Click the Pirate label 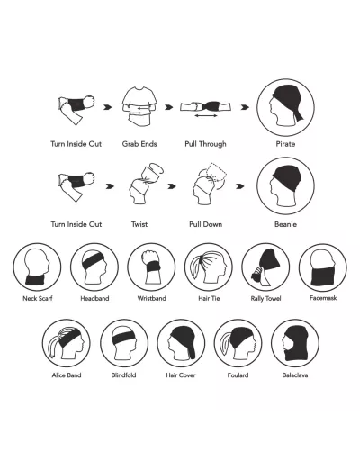coord(285,144)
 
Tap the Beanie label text coord(285,224)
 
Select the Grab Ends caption coord(139,144)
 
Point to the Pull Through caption coord(205,144)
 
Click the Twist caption coord(139,224)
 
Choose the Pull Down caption coord(205,224)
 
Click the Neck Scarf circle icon coord(37,267)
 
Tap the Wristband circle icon coord(151,267)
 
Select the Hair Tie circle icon coord(209,267)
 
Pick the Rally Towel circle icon coord(265,267)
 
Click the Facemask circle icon coord(323,267)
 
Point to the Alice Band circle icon coord(67,343)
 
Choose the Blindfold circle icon coord(124,343)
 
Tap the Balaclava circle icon coord(295,343)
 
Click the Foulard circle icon coord(238,343)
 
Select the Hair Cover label coord(181,375)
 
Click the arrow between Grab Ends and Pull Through coord(169,107)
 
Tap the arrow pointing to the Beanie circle coord(239,186)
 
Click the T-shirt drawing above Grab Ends coord(139,106)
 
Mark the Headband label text coord(94,298)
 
